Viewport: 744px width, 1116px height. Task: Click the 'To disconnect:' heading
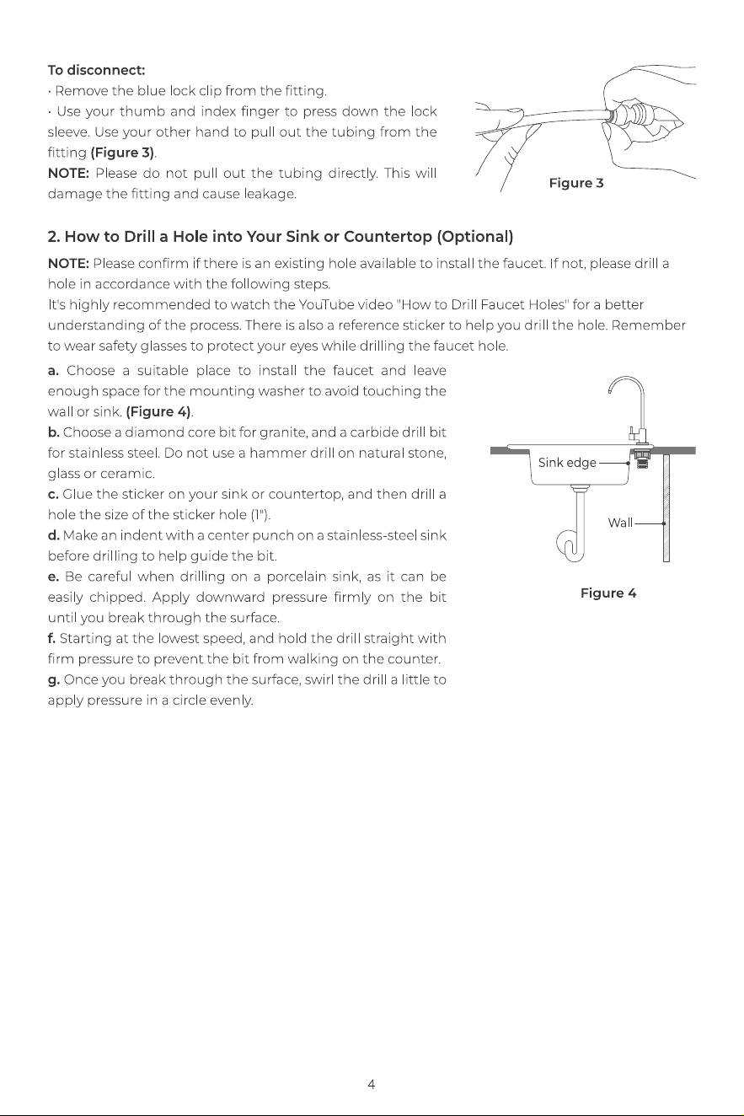(x=96, y=70)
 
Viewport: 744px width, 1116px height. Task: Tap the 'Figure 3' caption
(x=576, y=184)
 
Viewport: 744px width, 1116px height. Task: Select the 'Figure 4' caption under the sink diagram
(x=608, y=593)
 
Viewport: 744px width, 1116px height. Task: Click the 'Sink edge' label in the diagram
(x=567, y=463)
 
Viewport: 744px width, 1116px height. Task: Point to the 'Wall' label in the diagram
(x=620, y=523)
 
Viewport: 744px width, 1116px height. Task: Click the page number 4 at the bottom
(x=372, y=1084)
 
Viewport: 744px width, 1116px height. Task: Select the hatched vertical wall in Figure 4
(x=666, y=508)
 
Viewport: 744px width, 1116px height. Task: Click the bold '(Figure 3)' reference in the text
(x=122, y=153)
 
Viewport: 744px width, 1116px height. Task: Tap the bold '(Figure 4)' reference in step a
(x=158, y=412)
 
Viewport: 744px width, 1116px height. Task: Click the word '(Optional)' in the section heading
(x=474, y=237)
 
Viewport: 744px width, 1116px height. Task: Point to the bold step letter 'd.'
(x=54, y=535)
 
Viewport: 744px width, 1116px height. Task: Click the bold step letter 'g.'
(x=54, y=680)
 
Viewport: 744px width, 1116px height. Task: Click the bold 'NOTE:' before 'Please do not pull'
(x=68, y=174)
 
